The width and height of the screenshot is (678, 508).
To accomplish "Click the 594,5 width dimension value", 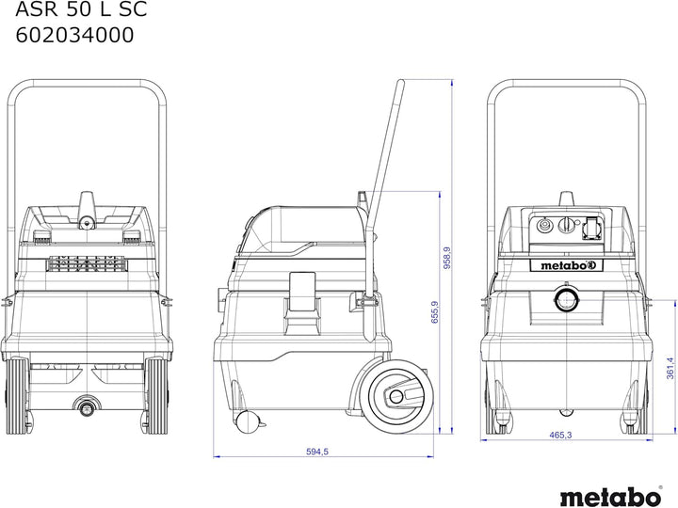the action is [x=317, y=452].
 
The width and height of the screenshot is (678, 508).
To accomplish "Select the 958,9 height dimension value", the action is [x=447, y=258].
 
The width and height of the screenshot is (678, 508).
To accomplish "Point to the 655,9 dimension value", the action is [x=434, y=312].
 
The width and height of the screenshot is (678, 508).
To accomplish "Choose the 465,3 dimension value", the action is [x=560, y=435].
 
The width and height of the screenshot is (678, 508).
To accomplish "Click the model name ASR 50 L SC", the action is [x=81, y=9].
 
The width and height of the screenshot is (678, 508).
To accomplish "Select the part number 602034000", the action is [x=74, y=35].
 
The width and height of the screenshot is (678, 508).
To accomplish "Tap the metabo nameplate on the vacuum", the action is [x=566, y=265].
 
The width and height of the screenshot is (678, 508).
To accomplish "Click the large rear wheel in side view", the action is [x=397, y=397].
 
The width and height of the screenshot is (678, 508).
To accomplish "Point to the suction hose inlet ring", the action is [x=566, y=299].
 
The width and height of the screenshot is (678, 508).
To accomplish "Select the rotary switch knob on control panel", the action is [x=566, y=225].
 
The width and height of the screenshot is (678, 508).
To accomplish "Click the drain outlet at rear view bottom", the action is [x=87, y=405].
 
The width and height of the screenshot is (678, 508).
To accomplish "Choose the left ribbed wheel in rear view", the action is [x=18, y=395].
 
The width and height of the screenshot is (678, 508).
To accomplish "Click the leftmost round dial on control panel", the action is [x=542, y=225].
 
